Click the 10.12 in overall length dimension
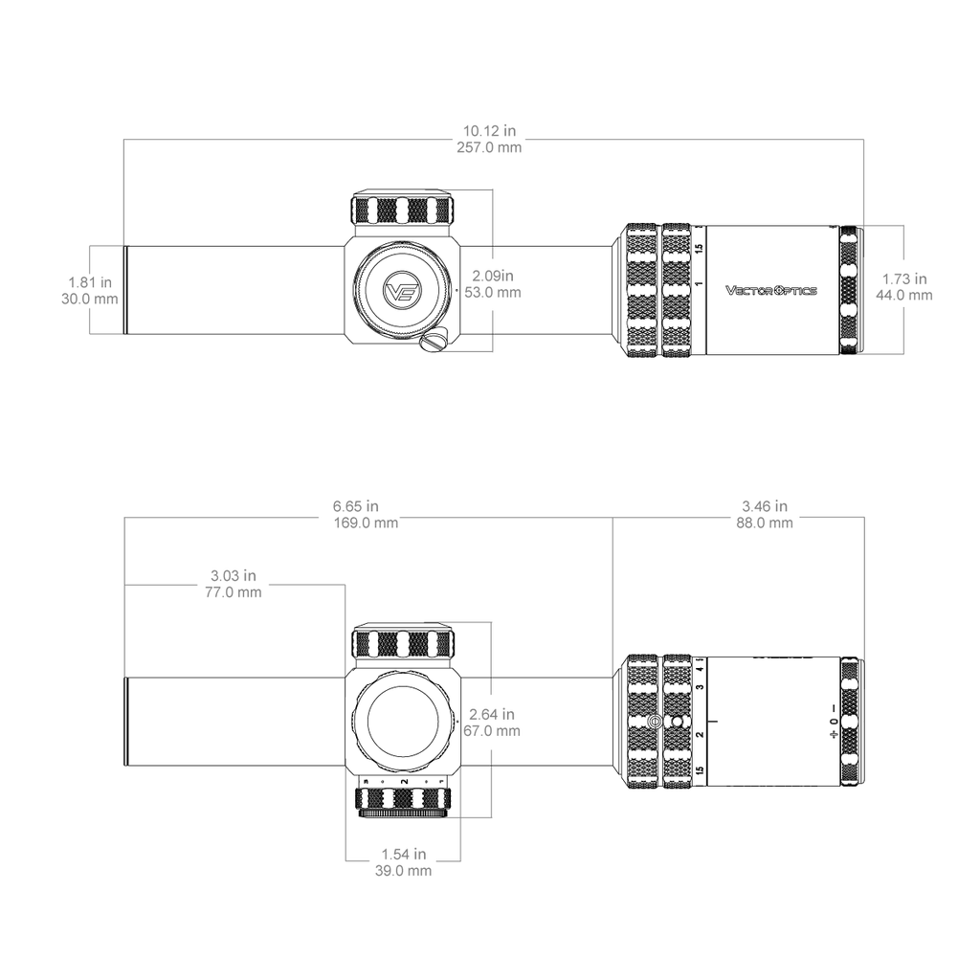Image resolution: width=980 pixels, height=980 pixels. pos(489,130)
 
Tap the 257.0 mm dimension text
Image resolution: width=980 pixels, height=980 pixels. pos(489,147)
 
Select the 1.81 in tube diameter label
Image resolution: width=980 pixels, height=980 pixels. pos(90,282)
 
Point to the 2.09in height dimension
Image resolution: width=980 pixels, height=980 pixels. pos(493,276)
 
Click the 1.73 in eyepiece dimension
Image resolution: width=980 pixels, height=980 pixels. pos(904,278)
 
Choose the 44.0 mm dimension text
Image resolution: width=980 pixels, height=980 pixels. pos(904,295)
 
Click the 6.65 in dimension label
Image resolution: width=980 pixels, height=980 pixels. pos(356,506)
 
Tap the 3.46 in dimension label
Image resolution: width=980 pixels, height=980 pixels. pos(765,506)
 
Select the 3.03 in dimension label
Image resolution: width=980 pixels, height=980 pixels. pos(234,575)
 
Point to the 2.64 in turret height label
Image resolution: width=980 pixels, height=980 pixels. pos(492,714)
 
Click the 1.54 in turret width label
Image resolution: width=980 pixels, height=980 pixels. pos(404,854)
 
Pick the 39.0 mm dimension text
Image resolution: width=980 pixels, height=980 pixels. pos(404,871)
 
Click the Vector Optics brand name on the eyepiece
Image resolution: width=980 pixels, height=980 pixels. pos(771,290)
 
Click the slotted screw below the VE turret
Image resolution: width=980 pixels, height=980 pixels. pos(433,341)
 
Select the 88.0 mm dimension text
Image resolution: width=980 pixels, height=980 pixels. pos(765,523)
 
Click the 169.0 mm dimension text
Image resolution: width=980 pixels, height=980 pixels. pos(367,523)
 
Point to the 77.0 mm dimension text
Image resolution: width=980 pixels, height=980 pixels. pos(234,592)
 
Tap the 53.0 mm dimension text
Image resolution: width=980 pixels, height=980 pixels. pos(493,293)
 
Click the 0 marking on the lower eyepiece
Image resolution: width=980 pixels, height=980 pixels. pos(834,722)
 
